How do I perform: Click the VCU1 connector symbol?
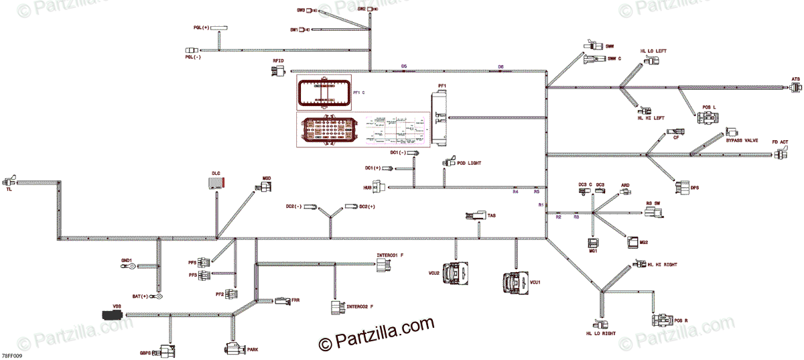[515, 282]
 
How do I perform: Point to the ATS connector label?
[795, 79]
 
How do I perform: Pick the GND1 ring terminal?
[131, 266]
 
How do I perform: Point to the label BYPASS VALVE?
[742, 140]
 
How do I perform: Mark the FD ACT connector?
[781, 154]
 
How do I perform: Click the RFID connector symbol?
[277, 70]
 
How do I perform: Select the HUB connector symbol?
[379, 187]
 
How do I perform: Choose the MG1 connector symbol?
[593, 243]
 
